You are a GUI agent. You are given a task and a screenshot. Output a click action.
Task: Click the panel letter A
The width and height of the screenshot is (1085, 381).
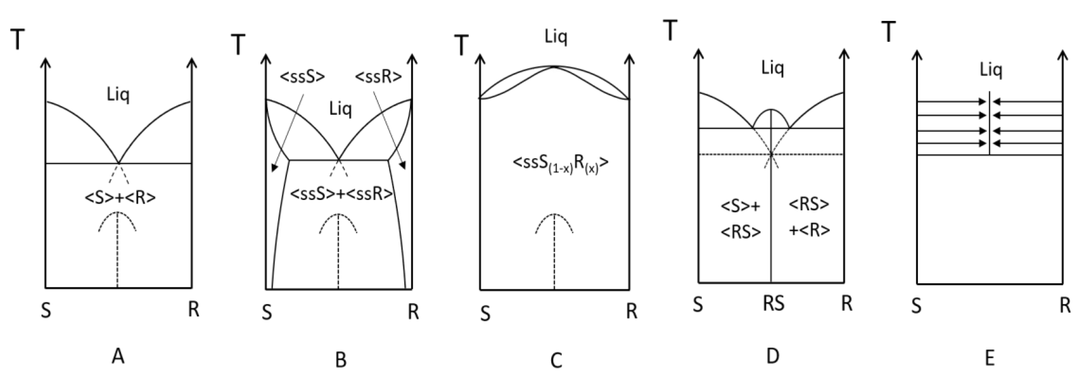click(118, 357)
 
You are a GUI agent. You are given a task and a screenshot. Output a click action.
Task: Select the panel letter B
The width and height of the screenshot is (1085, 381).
click(341, 360)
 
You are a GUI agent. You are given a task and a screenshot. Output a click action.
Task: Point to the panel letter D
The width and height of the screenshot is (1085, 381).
click(772, 356)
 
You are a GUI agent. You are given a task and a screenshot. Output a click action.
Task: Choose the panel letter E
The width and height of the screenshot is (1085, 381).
click(990, 358)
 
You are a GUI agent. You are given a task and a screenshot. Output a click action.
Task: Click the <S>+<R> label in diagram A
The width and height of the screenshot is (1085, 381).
click(120, 197)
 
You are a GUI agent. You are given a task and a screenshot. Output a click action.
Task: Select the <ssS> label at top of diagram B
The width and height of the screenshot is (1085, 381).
click(302, 77)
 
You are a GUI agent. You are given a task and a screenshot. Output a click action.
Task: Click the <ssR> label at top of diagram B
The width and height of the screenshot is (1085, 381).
click(378, 77)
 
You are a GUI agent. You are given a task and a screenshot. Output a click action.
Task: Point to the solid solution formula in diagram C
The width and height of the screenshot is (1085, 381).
click(560, 164)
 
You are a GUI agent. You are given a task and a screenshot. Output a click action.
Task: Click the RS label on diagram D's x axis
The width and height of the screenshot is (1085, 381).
click(773, 303)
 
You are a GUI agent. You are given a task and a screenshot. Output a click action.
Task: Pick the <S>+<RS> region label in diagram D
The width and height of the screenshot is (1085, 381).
click(741, 219)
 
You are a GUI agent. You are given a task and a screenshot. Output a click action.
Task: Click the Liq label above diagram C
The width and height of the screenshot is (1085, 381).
click(556, 37)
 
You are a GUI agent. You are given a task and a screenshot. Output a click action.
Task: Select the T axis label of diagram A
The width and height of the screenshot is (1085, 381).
click(18, 40)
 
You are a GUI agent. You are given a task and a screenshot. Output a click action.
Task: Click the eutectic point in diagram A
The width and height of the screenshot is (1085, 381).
click(118, 163)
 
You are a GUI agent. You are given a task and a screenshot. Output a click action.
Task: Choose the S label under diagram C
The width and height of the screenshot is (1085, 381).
click(485, 314)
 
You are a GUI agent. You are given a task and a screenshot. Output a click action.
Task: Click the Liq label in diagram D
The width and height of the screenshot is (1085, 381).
click(772, 68)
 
